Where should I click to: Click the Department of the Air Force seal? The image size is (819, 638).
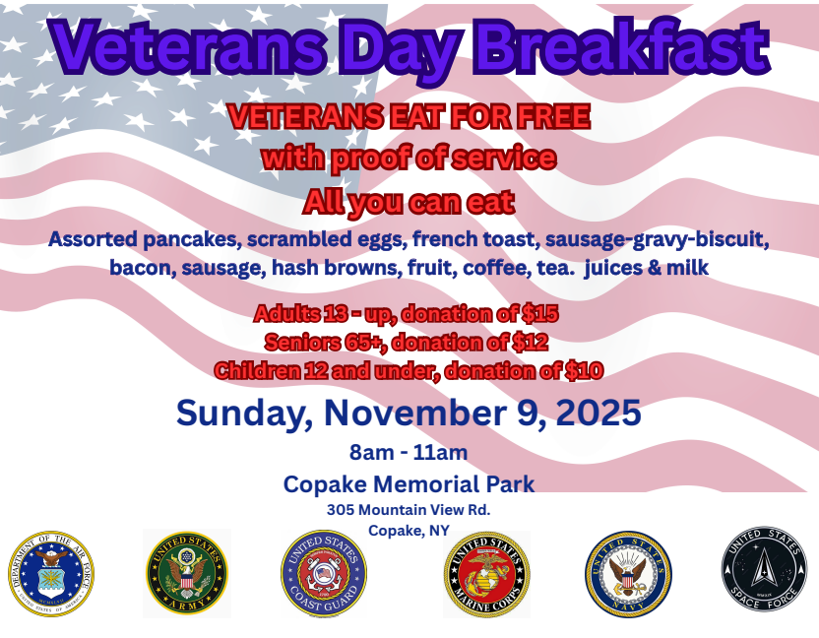click(51, 574)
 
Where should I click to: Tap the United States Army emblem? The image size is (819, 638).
click(187, 573)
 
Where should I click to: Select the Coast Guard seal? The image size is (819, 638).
click(324, 574)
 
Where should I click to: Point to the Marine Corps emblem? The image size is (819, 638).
click(487, 574)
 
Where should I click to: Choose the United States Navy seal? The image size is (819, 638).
click(628, 574)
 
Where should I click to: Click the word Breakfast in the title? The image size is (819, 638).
click(622, 47)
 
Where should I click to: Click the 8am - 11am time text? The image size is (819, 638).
click(409, 453)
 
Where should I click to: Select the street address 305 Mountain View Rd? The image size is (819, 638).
click(409, 509)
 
